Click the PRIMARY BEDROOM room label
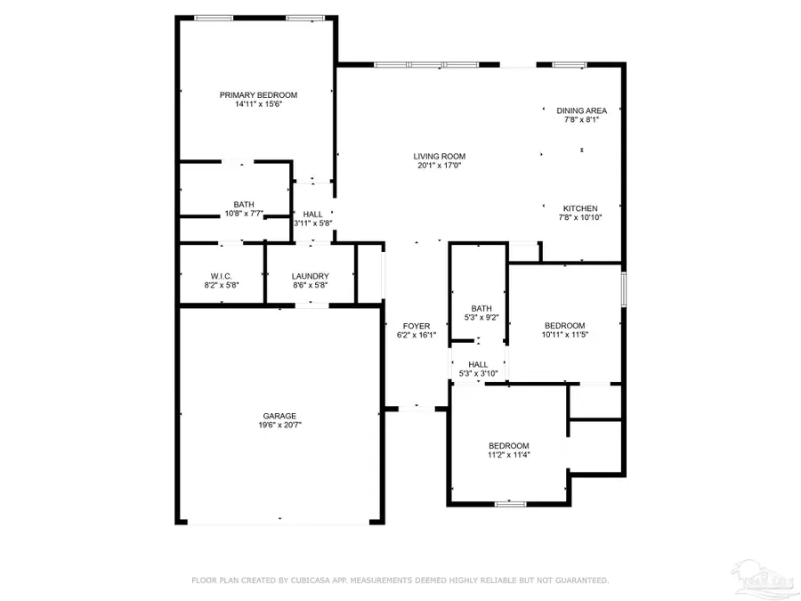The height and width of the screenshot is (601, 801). pyautogui.click(x=258, y=94)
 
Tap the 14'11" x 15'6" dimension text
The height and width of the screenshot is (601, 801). pyautogui.click(x=258, y=104)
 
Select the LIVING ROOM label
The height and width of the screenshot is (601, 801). pyautogui.click(x=439, y=156)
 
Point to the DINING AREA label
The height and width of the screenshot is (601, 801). pyautogui.click(x=581, y=110)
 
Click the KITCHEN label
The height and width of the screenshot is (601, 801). pyautogui.click(x=580, y=208)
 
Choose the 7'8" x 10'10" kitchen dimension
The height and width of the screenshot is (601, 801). pyautogui.click(x=580, y=217)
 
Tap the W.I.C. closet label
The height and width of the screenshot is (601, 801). pyautogui.click(x=222, y=276)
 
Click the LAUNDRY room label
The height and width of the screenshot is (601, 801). pyautogui.click(x=310, y=276)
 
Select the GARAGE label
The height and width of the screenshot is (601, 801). pyautogui.click(x=279, y=416)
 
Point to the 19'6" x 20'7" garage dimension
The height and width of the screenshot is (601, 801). pyautogui.click(x=279, y=426)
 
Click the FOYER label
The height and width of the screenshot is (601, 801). pyautogui.click(x=416, y=326)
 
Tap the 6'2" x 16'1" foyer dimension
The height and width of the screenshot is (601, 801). pyautogui.click(x=416, y=336)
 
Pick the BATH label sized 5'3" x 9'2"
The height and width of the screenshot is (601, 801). pyautogui.click(x=481, y=308)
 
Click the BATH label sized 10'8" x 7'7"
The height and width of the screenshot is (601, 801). pyautogui.click(x=243, y=204)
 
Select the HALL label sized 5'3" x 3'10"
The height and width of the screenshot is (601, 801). pyautogui.click(x=478, y=363)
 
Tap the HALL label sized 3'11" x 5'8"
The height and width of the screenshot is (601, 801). pyautogui.click(x=312, y=214)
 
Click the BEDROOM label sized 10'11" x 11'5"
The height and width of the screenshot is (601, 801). pyautogui.click(x=564, y=325)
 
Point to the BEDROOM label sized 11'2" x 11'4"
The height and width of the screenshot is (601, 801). pyautogui.click(x=508, y=445)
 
